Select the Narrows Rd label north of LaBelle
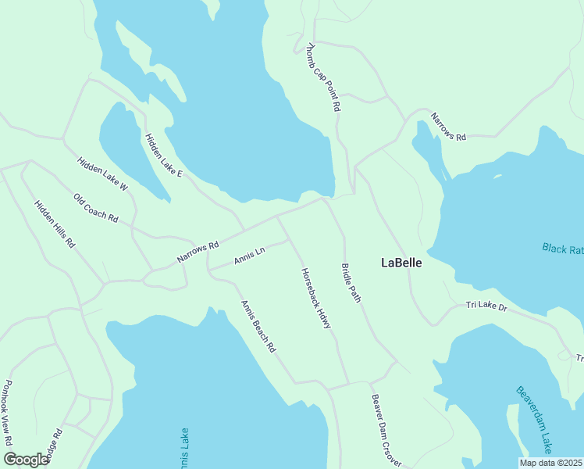448,127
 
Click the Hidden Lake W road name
102,174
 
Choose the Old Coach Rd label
95,208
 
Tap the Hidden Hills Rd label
55,224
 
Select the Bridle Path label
351,283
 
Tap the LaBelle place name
401,263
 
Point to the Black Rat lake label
563,249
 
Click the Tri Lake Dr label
486,306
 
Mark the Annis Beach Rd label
258,326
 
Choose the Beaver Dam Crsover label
386,431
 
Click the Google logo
25,460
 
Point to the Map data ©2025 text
550,463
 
